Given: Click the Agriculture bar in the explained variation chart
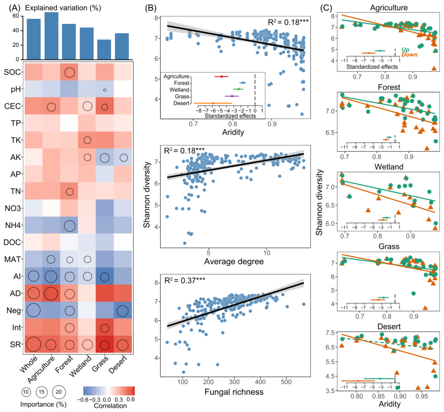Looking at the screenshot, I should [51, 36].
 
